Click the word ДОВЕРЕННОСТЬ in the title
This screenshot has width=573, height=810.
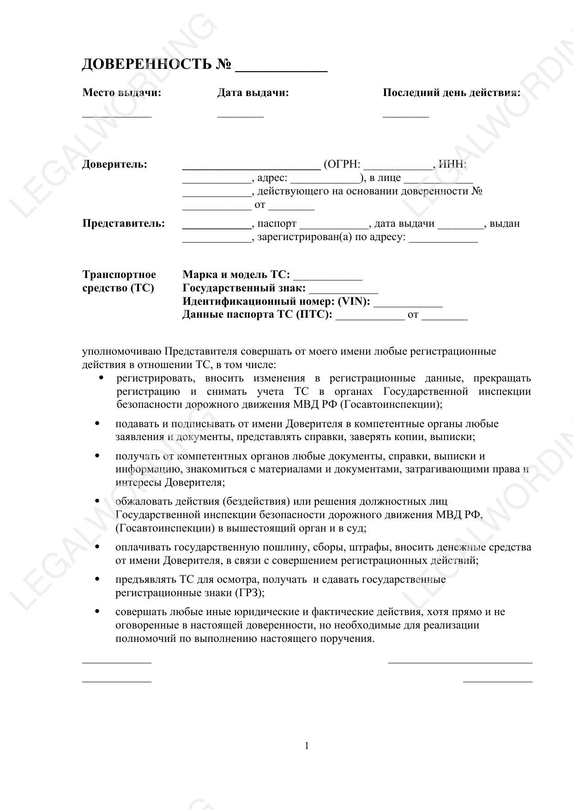click(146, 64)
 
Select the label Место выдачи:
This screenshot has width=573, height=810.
click(122, 93)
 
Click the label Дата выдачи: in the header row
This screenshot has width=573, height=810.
click(253, 93)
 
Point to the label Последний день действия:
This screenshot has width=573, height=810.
click(451, 93)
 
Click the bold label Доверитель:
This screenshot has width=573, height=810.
click(115, 164)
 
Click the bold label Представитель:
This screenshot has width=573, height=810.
click(123, 224)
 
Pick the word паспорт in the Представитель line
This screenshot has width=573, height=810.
click(277, 224)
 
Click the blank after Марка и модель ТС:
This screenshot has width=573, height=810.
click(328, 278)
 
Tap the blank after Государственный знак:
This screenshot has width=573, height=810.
click(344, 292)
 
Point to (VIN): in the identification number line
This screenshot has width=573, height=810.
click(354, 302)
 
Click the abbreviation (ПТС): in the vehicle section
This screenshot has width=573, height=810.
click(314, 315)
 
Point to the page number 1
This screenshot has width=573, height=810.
click(307, 746)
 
